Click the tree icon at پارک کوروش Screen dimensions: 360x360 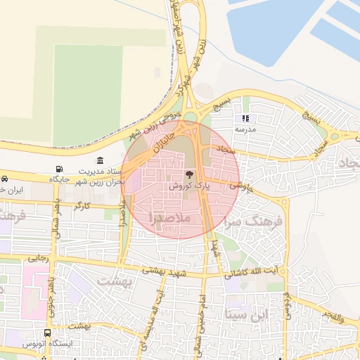tap(188, 174)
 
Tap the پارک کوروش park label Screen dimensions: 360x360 tap(188, 186)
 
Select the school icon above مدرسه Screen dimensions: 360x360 tap(245, 119)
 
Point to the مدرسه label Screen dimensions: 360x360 tap(245, 130)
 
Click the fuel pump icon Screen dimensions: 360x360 tap(58, 169)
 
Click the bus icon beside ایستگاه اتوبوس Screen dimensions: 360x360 tap(47, 333)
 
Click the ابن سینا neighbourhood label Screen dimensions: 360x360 tap(244, 313)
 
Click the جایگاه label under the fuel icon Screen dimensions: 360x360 tap(59, 181)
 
